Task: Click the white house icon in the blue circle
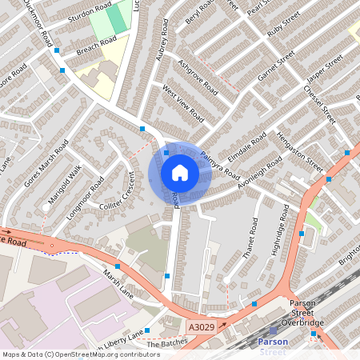(179, 173)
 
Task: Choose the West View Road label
(183, 104)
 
